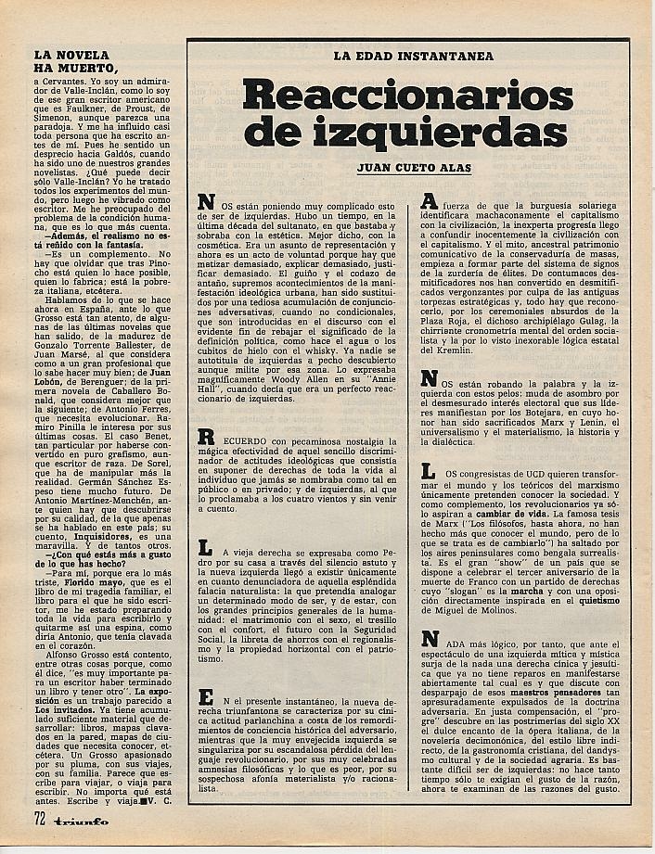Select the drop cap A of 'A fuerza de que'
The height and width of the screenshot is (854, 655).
tap(430, 202)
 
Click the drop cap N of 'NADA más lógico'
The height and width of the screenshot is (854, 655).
tap(430, 641)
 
